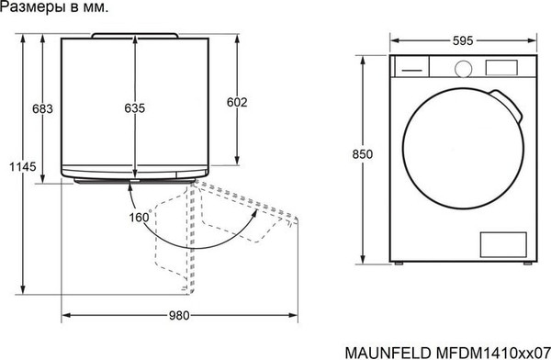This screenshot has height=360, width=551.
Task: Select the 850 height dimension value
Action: (363, 154)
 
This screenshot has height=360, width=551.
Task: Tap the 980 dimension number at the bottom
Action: (179, 316)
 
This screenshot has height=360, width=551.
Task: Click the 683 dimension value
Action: (42, 109)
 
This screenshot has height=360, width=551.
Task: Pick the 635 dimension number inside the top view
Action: (135, 109)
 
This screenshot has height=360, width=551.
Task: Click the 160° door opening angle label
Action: (140, 218)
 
